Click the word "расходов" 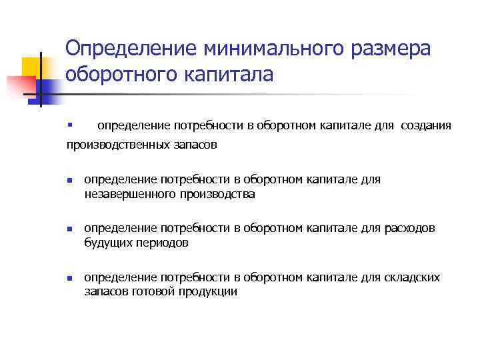[410, 228]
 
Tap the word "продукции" [208, 292]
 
